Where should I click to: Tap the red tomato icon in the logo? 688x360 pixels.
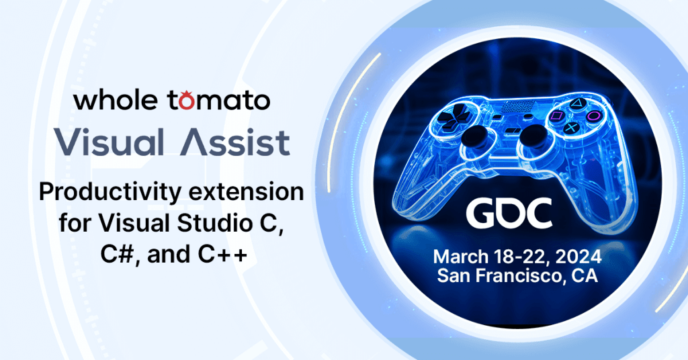coord(186,101)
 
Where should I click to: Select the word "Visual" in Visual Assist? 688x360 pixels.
coord(110,142)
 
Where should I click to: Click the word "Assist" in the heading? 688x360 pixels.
coord(235,142)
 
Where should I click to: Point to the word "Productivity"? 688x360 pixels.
coord(110,193)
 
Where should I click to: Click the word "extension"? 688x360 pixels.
coord(245,192)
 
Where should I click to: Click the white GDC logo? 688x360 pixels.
coord(509,213)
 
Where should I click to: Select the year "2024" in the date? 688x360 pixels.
coord(578,257)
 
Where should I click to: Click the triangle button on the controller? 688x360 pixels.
coord(577,104)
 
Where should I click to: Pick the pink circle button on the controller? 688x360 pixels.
coord(594,116)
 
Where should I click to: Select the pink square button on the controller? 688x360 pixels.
coord(556,116)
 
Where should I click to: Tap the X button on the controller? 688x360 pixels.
coord(571,128)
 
